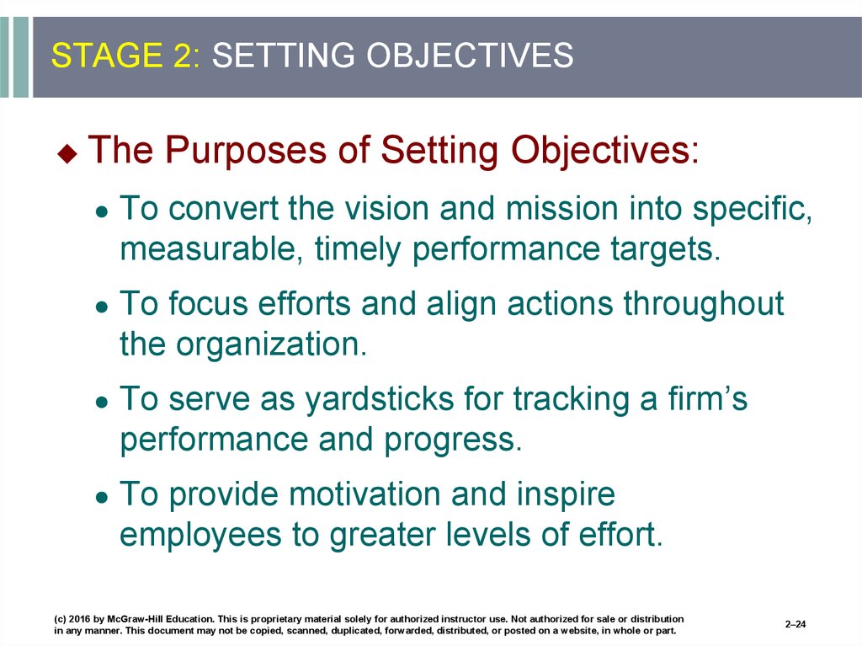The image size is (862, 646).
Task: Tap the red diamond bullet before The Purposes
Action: click(67, 153)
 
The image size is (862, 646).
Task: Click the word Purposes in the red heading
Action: click(246, 150)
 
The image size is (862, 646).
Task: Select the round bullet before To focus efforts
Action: click(102, 306)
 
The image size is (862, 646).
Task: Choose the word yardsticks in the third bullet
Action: click(380, 399)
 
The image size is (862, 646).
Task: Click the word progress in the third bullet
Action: click(452, 440)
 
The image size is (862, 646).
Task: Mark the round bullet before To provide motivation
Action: click(102, 496)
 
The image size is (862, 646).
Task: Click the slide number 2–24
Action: click(795, 624)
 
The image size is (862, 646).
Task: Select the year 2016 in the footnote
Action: click(79, 619)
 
